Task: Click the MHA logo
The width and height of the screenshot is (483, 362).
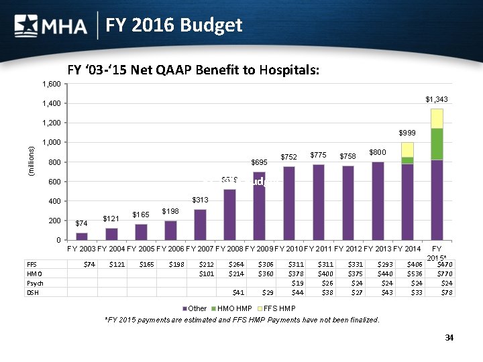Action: [51, 26]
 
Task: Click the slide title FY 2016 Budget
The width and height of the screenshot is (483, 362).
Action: [172, 25]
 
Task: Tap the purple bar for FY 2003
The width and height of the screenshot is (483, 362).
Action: [81, 236]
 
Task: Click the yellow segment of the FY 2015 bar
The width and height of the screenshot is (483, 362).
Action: [436, 118]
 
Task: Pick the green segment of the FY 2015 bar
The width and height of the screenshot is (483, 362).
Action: [436, 144]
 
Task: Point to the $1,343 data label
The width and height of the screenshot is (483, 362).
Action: [436, 99]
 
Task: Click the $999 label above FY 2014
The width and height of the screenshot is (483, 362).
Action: [407, 133]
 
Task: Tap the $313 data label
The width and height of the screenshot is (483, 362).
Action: [201, 200]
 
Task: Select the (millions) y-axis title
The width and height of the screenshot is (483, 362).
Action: [28, 162]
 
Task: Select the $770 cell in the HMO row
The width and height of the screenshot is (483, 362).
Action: [443, 274]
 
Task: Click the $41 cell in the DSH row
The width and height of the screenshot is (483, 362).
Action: [237, 292]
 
